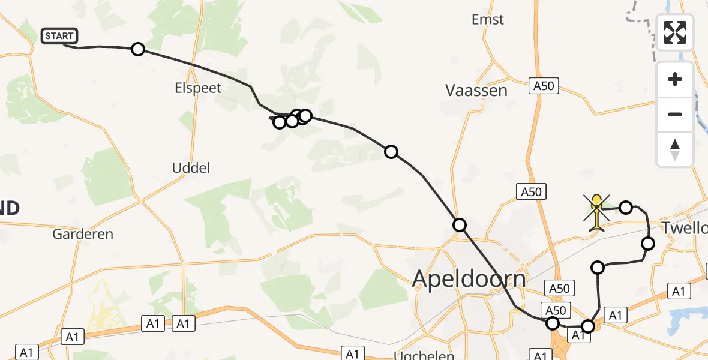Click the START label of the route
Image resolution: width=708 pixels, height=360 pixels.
tap(59, 36)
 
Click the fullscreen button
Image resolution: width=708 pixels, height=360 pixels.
tap(675, 32)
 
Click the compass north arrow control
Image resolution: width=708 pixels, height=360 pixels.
tap(675, 149)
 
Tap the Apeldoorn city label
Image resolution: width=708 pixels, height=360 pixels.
tap(469, 279)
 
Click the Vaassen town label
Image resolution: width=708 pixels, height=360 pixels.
tap(476, 91)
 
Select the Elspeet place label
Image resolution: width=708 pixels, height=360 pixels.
tap(198, 88)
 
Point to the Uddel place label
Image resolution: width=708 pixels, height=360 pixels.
tap(191, 168)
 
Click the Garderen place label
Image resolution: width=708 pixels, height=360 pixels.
tap(83, 234)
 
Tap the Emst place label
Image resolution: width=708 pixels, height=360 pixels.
tap(488, 20)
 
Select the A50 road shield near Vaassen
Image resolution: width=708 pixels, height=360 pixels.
tap(544, 86)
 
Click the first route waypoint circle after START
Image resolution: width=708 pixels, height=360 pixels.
tap(138, 49)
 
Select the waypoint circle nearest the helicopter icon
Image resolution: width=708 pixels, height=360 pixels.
tap(626, 208)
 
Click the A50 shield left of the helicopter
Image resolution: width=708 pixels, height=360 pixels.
tap(531, 192)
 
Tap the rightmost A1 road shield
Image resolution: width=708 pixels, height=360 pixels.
tap(679, 292)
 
